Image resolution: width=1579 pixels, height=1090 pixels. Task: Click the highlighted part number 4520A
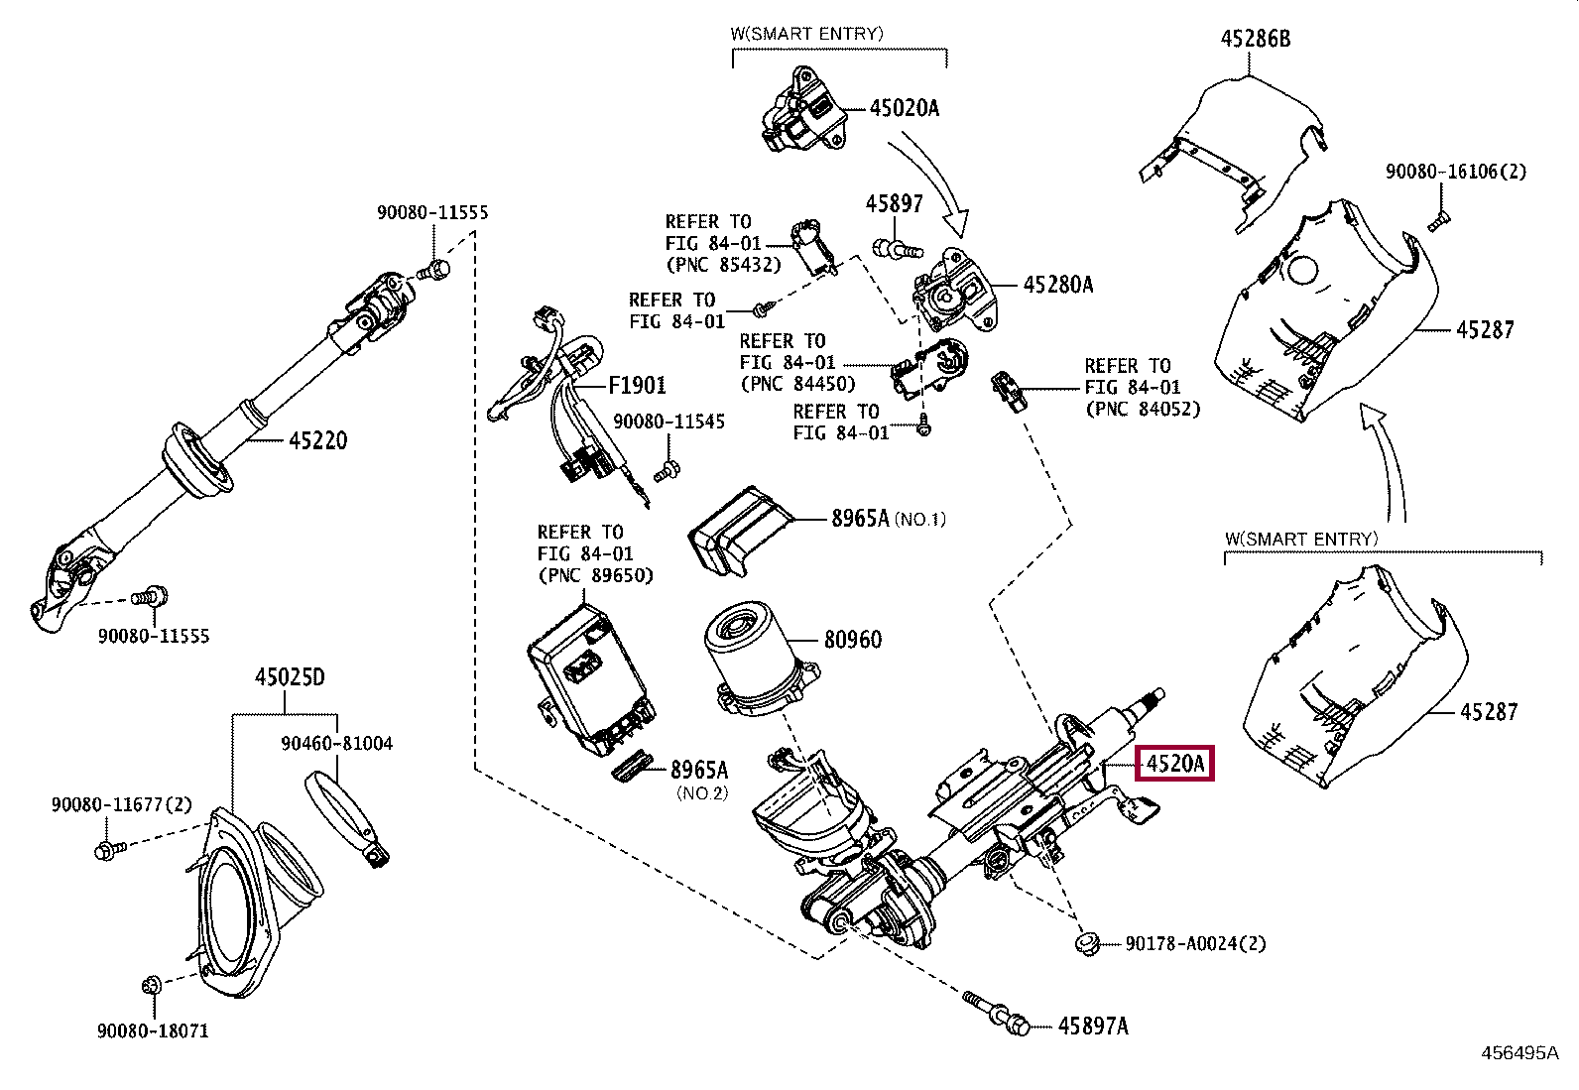[1174, 764]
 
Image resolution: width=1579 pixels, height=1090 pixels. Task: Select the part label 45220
[318, 440]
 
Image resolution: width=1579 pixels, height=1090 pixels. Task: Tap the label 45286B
[1255, 39]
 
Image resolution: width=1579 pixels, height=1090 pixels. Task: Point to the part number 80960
[853, 640]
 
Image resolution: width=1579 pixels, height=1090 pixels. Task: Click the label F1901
[637, 385]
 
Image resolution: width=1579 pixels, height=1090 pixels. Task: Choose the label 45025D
[290, 677]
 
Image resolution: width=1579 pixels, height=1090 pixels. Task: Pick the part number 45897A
[1093, 1026]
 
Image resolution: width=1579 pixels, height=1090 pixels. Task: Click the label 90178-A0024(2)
[1195, 943]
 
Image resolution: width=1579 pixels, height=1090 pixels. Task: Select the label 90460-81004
[336, 743]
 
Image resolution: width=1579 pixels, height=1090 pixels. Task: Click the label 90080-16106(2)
[1456, 172]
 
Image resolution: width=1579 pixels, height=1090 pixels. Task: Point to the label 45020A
[904, 108]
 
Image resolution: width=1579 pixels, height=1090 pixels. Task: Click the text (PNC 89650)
[595, 575]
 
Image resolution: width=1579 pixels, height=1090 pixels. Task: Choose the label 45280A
[1057, 285]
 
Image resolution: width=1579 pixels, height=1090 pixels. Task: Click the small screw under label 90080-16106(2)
[1437, 220]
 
